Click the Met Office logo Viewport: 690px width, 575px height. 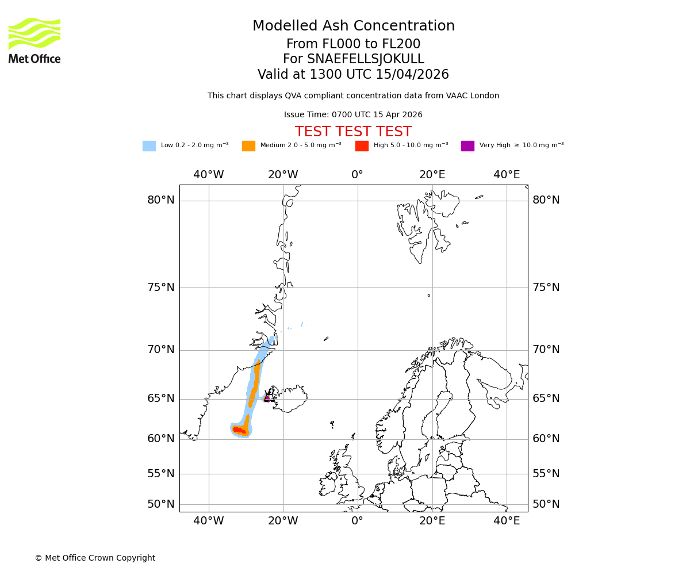(x=34, y=40)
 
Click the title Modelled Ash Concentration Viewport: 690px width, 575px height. (x=353, y=26)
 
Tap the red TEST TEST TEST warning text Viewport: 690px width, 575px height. (x=353, y=132)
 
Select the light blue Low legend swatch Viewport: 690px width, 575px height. (x=149, y=146)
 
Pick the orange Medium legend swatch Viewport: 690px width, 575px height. (x=248, y=146)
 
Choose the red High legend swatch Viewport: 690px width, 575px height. (x=362, y=146)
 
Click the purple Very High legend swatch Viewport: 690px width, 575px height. (x=467, y=146)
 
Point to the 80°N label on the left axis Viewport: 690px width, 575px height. (x=160, y=200)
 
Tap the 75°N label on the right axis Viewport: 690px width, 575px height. (x=546, y=287)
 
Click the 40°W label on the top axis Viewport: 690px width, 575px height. (x=209, y=175)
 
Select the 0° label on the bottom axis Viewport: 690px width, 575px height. (x=358, y=521)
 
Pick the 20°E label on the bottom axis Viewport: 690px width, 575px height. (x=432, y=521)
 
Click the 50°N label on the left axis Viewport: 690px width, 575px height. (x=160, y=504)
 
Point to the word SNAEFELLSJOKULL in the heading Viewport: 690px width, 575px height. (x=366, y=59)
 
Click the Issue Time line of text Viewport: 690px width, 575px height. (x=353, y=115)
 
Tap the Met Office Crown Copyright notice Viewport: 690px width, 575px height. (x=95, y=558)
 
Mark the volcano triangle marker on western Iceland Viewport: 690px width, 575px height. (x=267, y=397)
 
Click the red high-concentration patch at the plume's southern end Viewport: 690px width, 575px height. (x=239, y=430)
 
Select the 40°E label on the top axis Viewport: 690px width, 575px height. (x=507, y=175)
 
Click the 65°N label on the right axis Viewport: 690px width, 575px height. (x=546, y=398)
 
